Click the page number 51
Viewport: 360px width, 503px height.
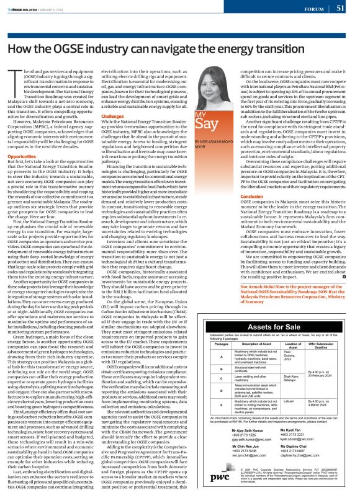point(341,8)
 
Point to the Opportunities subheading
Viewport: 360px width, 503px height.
point(24,156)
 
